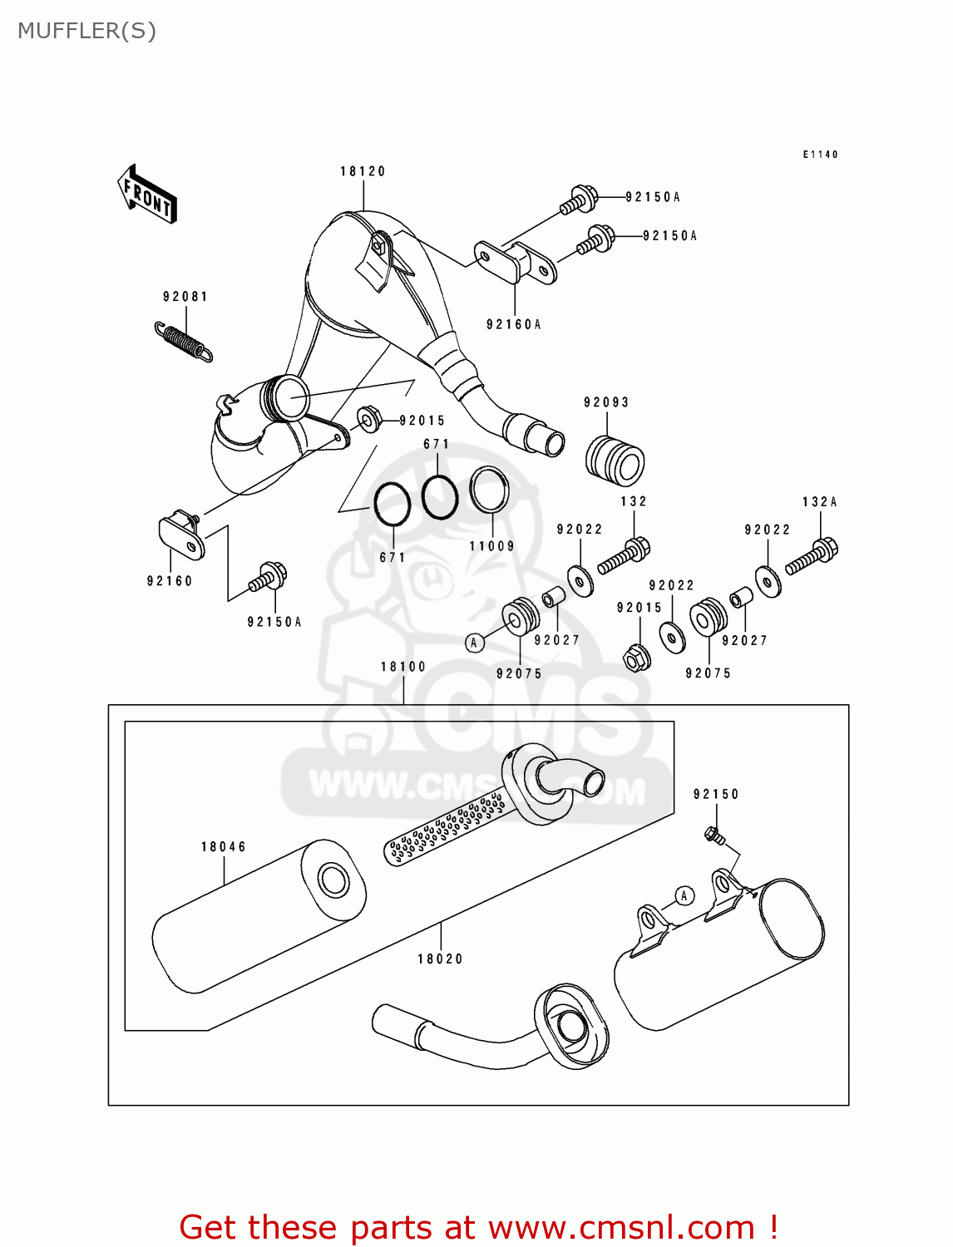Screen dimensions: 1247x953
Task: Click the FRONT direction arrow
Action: pos(147,195)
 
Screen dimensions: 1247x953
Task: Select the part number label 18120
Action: pos(363,171)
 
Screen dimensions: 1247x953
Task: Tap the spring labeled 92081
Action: pos(184,342)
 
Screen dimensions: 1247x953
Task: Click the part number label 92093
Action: pos(606,402)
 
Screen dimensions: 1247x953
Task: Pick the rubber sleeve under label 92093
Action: pos(615,460)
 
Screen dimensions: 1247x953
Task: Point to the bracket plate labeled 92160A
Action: pos(516,261)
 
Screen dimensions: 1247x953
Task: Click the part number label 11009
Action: pos(492,546)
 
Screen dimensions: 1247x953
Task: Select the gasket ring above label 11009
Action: pos(489,490)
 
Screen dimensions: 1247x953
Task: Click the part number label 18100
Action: pos(403,667)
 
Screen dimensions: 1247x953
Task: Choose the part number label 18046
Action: pos(224,847)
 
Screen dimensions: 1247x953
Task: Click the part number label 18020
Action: pos(440,959)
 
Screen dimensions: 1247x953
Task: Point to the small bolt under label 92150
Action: pos(713,834)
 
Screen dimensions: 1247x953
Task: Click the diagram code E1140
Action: pos(820,155)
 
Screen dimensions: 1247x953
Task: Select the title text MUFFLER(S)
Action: pos(86,31)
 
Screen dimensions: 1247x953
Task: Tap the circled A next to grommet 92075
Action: pos(474,643)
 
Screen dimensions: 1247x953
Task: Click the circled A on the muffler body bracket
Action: pos(684,895)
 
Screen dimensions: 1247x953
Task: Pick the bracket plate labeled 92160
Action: pos(181,536)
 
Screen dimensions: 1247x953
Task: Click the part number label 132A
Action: pos(819,502)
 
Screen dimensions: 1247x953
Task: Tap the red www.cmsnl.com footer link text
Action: pos(621,1228)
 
